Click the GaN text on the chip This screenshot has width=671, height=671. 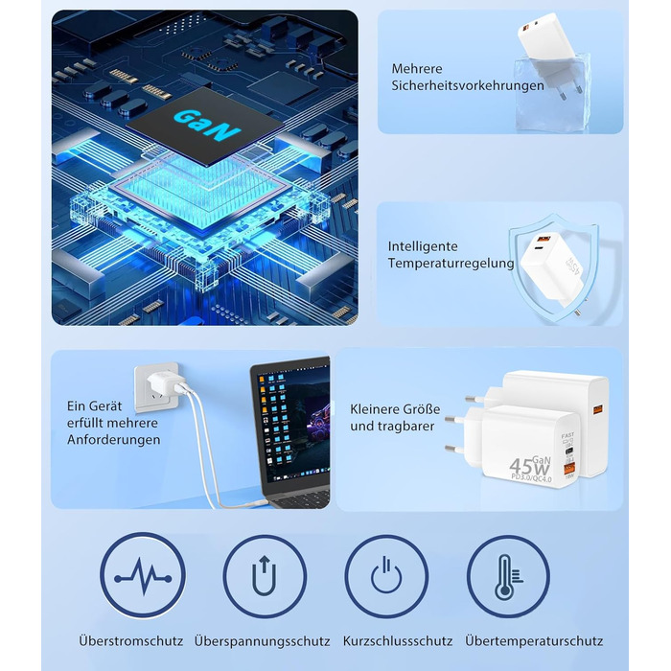[207, 125]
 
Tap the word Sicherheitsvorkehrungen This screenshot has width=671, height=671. [467, 85]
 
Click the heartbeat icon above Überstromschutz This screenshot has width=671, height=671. [142, 576]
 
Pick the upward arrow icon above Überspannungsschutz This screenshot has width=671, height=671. [265, 576]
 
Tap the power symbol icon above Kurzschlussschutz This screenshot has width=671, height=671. [386, 576]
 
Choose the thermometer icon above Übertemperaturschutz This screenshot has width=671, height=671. [508, 576]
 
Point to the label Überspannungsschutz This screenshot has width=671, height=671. [262, 641]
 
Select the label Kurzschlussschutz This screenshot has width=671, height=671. [398, 641]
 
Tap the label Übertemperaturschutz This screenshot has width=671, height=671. [533, 641]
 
